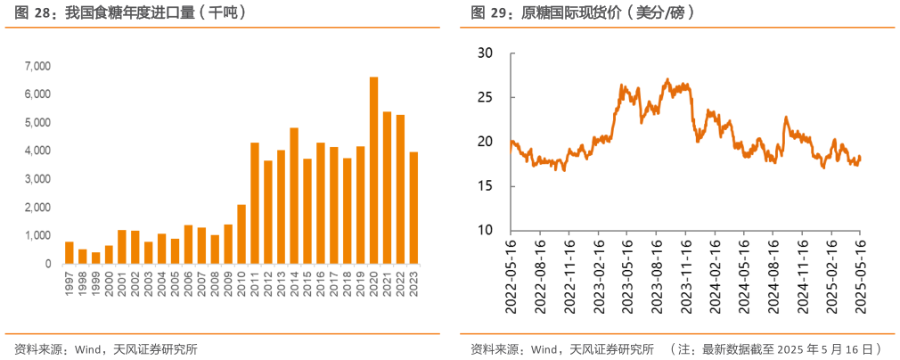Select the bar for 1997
click(x=70, y=253)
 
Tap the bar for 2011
click(x=254, y=203)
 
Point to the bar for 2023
click(x=413, y=209)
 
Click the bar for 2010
click(x=241, y=234)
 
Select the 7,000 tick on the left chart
click(x=38, y=66)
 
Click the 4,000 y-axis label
click(x=38, y=151)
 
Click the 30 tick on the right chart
click(x=485, y=53)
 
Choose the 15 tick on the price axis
click(x=485, y=186)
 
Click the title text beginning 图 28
click(x=130, y=13)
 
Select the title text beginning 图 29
click(x=583, y=13)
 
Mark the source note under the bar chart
click(x=106, y=348)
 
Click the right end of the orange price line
click(x=861, y=158)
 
